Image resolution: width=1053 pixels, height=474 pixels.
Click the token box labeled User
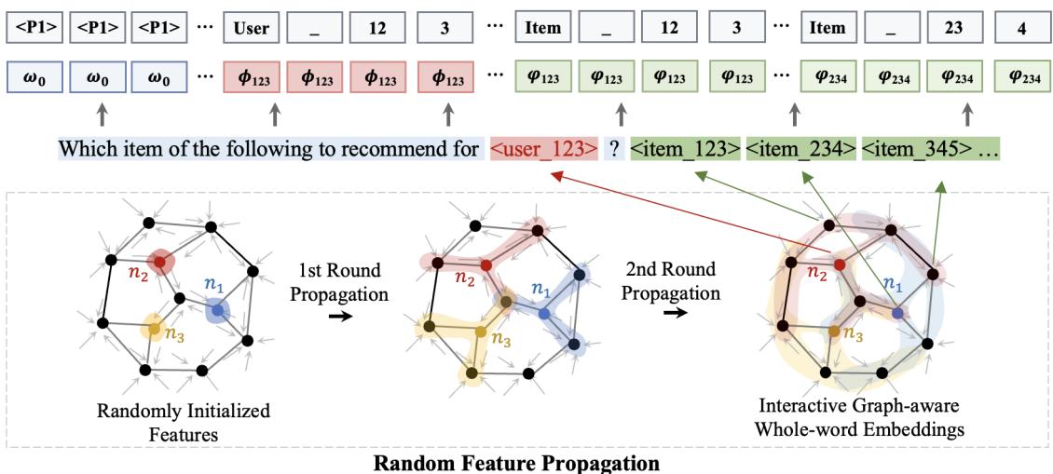(251, 29)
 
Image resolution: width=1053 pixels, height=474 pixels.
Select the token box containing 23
(946, 29)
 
